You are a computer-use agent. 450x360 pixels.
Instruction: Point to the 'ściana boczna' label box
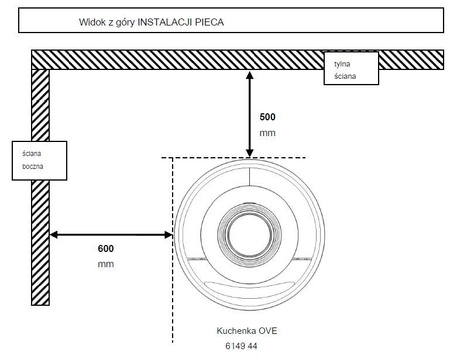point(36,161)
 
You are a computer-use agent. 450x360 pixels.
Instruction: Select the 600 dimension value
point(106,247)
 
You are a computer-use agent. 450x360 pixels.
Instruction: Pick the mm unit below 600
point(106,264)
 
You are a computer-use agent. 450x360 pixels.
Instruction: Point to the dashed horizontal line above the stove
point(200,157)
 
